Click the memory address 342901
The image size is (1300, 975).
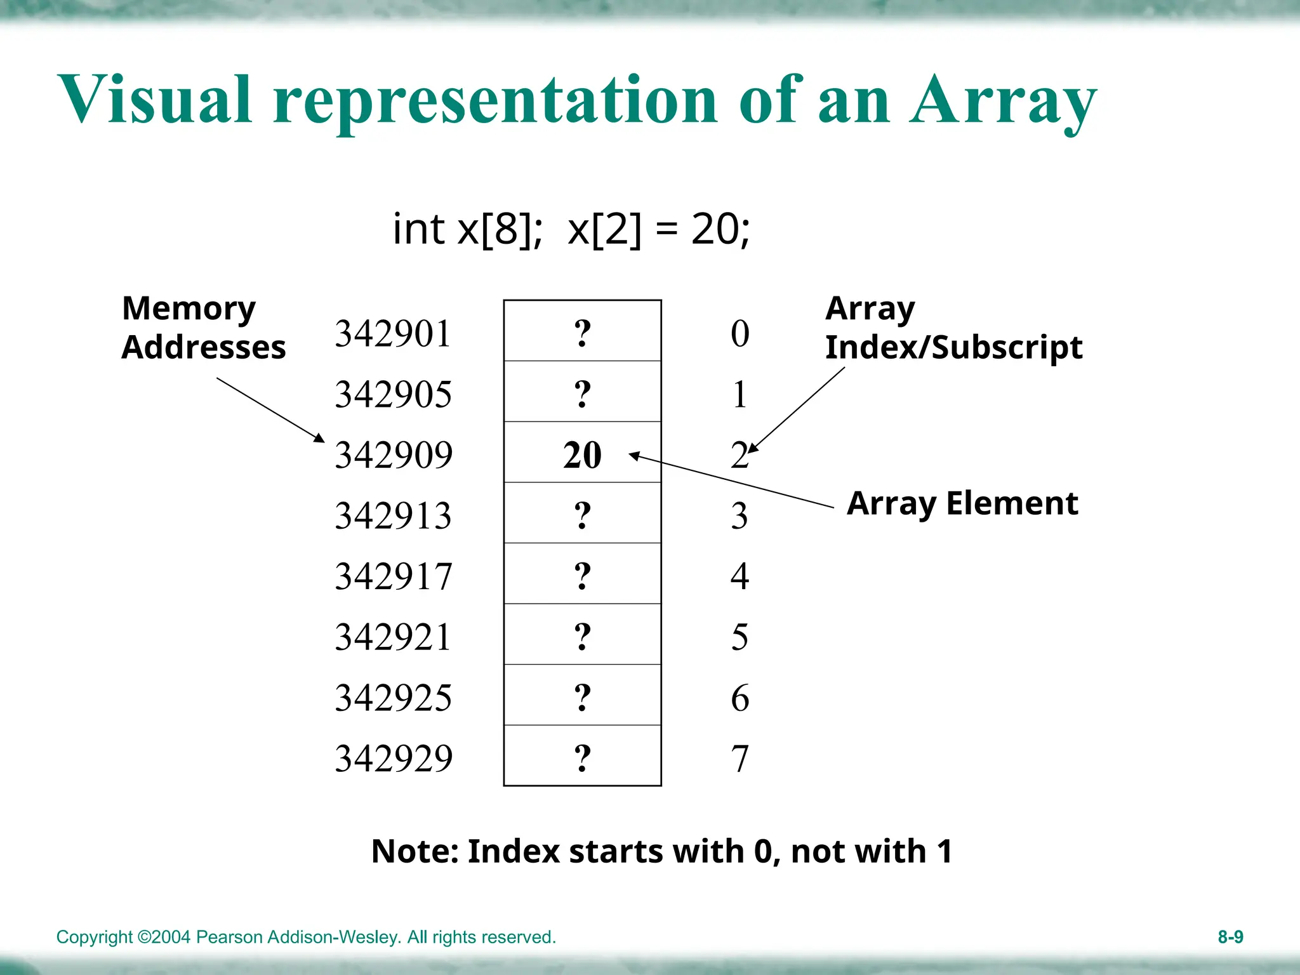tap(393, 333)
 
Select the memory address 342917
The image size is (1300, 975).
tap(393, 576)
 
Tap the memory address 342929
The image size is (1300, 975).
tap(393, 758)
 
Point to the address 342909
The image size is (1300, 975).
tap(393, 455)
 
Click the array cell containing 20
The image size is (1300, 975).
tap(582, 454)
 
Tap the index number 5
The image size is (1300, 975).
tap(740, 637)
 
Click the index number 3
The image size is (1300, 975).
tap(740, 515)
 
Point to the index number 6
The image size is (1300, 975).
tap(740, 698)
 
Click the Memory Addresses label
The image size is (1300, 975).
tap(203, 328)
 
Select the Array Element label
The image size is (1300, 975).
tap(962, 503)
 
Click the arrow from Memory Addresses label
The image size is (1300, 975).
tap(270, 410)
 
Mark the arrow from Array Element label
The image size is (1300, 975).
tap(730, 481)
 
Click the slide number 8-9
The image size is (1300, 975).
tap(1230, 937)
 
